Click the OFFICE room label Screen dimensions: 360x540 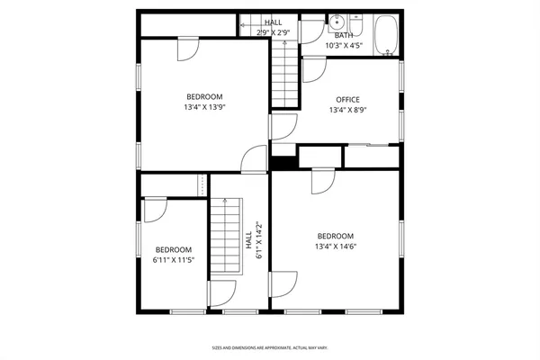tap(347, 100)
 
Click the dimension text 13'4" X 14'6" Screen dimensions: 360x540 tap(334, 247)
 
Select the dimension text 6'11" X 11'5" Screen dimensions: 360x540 tap(173, 261)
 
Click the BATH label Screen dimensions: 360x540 tap(344, 35)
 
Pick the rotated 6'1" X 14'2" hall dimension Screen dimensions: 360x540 tap(258, 240)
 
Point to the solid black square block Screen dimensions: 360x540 tap(283, 162)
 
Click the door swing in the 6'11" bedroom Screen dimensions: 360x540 tap(155, 209)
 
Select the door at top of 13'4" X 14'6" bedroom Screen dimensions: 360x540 tap(323, 183)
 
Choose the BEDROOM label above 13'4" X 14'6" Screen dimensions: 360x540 tap(334, 236)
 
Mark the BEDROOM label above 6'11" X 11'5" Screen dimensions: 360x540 tap(173, 250)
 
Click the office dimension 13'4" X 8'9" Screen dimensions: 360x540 tap(347, 111)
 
